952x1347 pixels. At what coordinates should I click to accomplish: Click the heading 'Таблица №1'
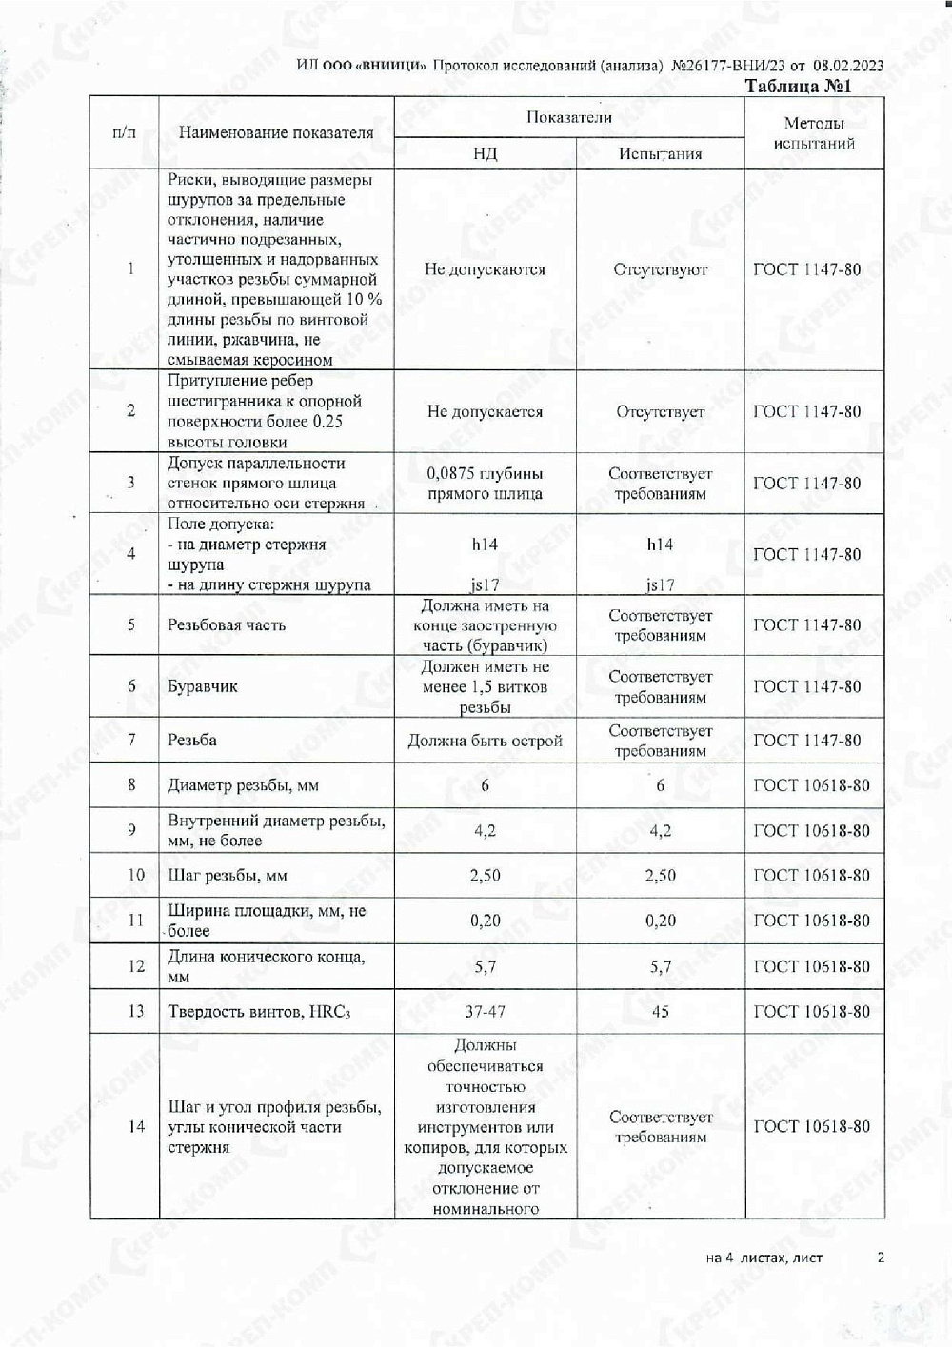[797, 87]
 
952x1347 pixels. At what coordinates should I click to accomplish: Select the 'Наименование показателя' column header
[276, 133]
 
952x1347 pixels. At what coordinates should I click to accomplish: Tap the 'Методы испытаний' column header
[814, 133]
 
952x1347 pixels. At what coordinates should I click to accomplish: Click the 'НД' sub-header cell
[485, 153]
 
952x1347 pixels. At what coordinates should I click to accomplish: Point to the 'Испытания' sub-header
[660, 153]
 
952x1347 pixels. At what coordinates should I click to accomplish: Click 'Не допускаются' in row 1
[485, 269]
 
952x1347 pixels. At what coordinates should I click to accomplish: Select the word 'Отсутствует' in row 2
[660, 412]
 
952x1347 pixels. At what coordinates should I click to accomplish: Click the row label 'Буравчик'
[202, 686]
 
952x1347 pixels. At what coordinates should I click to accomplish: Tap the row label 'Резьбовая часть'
[227, 625]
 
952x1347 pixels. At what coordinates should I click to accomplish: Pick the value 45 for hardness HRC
[660, 1012]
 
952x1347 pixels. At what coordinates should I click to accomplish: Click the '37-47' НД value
[485, 1012]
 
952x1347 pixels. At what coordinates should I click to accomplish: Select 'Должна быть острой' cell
[485, 741]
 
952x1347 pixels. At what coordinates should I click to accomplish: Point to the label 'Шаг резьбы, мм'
[228, 876]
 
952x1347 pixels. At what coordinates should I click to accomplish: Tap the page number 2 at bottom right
[881, 1258]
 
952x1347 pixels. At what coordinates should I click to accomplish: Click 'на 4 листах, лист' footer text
[764, 1258]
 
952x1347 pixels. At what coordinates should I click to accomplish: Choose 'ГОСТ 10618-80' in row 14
[811, 1127]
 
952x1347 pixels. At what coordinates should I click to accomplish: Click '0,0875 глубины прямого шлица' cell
[485, 484]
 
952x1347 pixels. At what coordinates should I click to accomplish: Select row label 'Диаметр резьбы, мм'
[243, 786]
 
